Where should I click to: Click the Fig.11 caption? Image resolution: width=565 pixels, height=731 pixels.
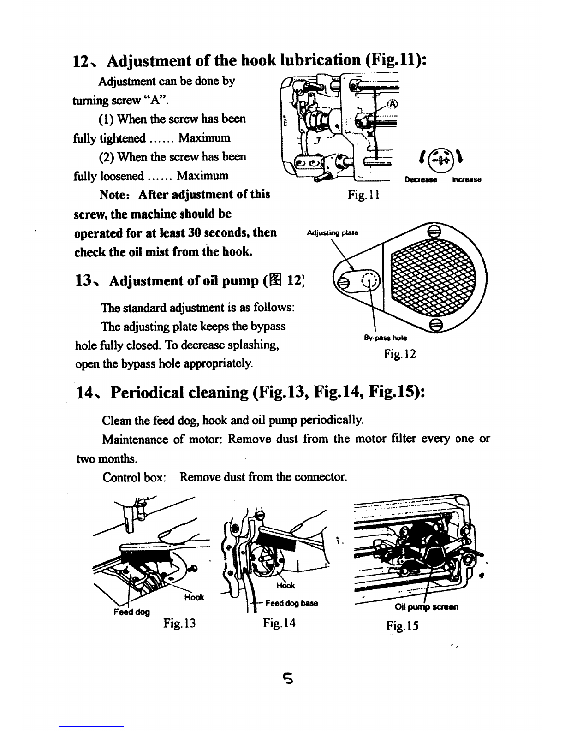pyautogui.click(x=363, y=196)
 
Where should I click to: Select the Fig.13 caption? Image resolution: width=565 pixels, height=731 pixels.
pyautogui.click(x=179, y=624)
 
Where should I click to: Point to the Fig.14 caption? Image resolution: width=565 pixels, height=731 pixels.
pyautogui.click(x=279, y=624)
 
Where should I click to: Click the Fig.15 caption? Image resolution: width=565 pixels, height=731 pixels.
pyautogui.click(x=403, y=626)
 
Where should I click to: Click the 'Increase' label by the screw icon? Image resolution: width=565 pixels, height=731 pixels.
pyautogui.click(x=467, y=180)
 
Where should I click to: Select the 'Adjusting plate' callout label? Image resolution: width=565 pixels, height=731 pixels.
pyautogui.click(x=332, y=233)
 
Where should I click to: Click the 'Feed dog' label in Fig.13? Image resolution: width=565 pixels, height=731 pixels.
pyautogui.click(x=131, y=612)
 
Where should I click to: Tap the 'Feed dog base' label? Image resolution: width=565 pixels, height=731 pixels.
pyautogui.click(x=291, y=603)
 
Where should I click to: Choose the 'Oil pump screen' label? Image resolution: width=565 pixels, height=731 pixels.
pyautogui.click(x=426, y=607)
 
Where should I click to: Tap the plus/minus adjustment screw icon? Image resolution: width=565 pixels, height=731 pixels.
pyautogui.click(x=441, y=160)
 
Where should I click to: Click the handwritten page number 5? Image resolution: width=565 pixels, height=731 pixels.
pyautogui.click(x=288, y=678)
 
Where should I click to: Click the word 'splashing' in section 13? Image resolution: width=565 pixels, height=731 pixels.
pyautogui.click(x=251, y=345)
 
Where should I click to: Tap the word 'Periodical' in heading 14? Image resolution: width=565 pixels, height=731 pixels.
pyautogui.click(x=147, y=392)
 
